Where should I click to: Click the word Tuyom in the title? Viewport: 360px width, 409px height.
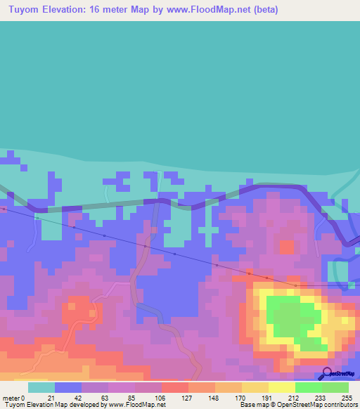point(24,10)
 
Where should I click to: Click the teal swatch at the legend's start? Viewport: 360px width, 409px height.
point(41,387)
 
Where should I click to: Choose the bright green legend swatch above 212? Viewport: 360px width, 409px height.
point(308,387)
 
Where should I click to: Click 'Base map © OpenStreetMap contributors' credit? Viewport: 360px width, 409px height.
point(297,405)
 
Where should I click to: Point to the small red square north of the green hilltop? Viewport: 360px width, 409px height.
point(286,247)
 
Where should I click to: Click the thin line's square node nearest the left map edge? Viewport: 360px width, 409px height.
point(4,209)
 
